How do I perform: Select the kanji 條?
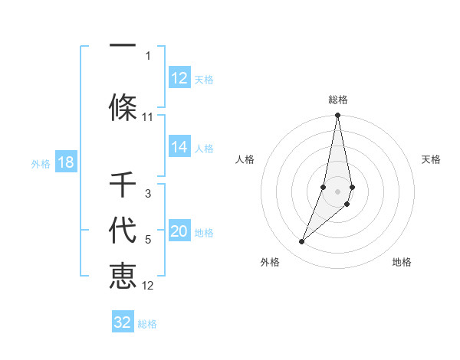click(123, 107)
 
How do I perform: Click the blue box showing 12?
click(179, 78)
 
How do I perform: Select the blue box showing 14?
click(179, 147)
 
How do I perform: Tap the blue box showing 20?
click(179, 232)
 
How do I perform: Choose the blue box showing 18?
click(65, 162)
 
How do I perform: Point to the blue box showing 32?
click(123, 322)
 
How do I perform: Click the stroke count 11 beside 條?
click(148, 117)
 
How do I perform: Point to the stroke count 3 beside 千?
click(148, 194)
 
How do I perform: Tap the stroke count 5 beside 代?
click(148, 240)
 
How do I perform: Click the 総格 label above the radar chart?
click(338, 100)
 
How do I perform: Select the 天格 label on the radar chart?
click(431, 159)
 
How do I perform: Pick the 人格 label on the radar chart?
click(245, 159)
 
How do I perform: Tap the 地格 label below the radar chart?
click(402, 262)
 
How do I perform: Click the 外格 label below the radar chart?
click(270, 262)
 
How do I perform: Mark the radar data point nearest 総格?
click(337, 116)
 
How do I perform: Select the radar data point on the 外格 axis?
click(302, 242)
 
